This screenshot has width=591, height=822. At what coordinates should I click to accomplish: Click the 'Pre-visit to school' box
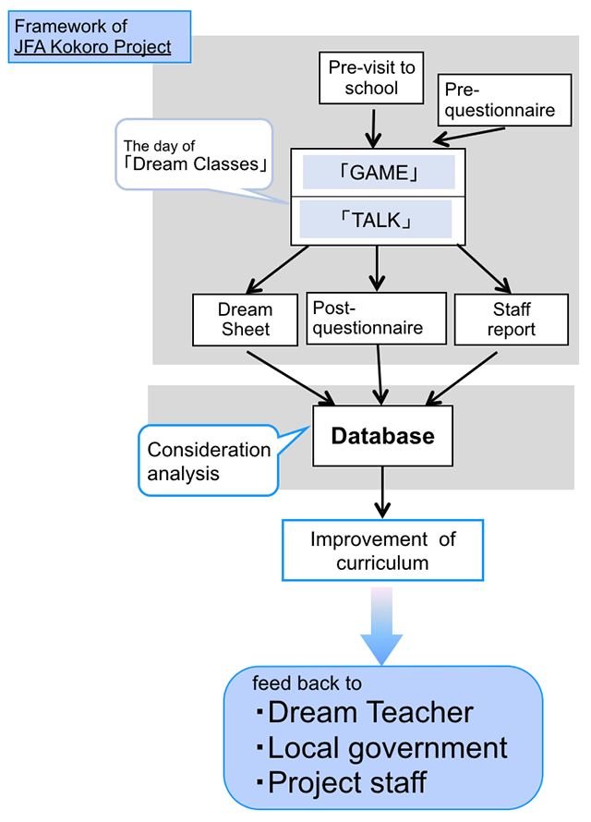[x=372, y=78]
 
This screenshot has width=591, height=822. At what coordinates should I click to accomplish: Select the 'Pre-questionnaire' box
[x=500, y=100]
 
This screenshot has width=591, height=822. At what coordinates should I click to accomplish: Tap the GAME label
[x=379, y=173]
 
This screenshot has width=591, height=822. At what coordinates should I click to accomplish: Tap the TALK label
[x=376, y=221]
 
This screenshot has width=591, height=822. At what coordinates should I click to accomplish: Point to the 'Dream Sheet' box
[x=246, y=319]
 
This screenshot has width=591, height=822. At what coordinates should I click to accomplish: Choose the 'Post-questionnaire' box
[x=368, y=319]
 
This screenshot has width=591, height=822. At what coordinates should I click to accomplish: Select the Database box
[x=382, y=436]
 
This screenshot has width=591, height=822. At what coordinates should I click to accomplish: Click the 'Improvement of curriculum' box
[x=382, y=550]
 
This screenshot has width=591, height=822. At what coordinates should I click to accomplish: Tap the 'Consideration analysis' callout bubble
[x=209, y=461]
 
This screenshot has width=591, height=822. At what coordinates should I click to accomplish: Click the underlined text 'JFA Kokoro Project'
[x=93, y=47]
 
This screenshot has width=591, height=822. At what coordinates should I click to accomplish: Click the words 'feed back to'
[x=307, y=683]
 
